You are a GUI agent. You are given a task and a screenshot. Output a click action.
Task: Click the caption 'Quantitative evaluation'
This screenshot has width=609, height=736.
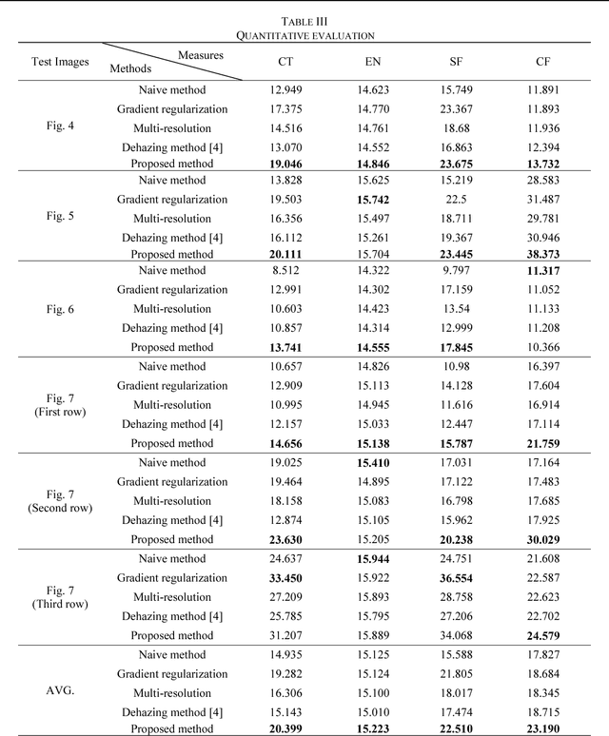tap(304, 35)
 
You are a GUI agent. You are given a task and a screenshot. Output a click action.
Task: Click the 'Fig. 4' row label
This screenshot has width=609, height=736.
tap(59, 126)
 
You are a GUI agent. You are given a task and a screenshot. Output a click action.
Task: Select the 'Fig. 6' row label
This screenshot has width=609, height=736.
tap(59, 307)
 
